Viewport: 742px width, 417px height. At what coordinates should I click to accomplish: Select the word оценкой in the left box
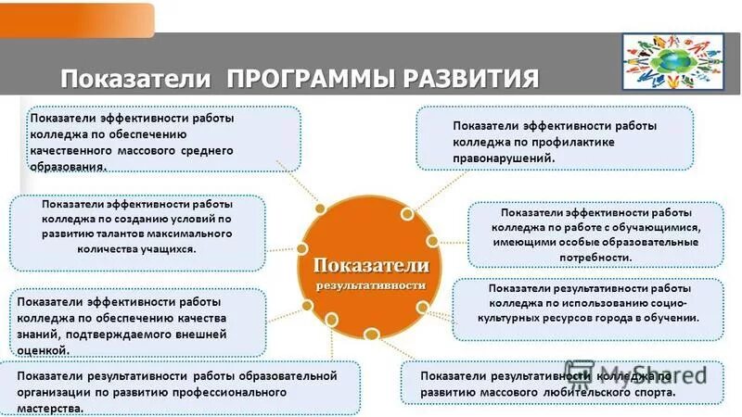coord(43,351)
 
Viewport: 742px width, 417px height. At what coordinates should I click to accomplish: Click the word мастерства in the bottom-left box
coord(51,408)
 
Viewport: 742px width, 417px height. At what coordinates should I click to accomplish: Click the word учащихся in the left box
coord(164,249)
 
